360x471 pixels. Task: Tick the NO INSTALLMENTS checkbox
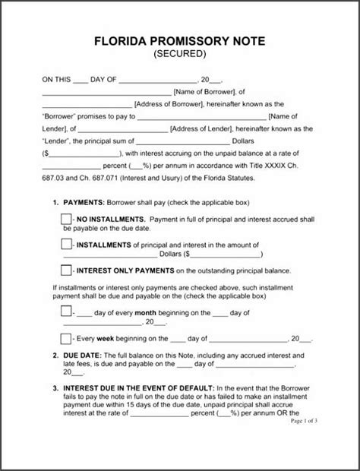(x=65, y=220)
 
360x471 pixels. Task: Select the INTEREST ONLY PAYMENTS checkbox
(x=65, y=270)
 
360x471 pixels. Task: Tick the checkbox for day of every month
(x=65, y=312)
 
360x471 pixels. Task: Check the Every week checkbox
(x=65, y=337)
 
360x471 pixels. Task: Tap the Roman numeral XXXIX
(x=279, y=166)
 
